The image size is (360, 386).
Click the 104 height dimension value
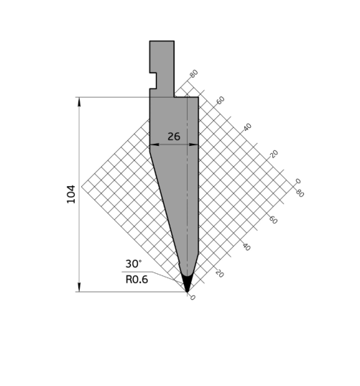(x=71, y=194)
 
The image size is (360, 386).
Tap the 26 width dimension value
(x=174, y=137)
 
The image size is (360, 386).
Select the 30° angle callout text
(x=134, y=264)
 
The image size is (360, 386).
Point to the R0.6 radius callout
(x=137, y=280)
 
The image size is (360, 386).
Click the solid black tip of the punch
(x=187, y=283)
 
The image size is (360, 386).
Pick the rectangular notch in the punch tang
(x=153, y=81)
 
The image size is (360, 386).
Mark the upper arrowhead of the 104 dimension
(x=79, y=102)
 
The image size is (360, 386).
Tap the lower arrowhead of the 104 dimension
(x=79, y=287)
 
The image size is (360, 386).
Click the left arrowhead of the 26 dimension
(x=154, y=144)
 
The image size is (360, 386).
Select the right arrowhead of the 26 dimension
(x=194, y=144)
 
